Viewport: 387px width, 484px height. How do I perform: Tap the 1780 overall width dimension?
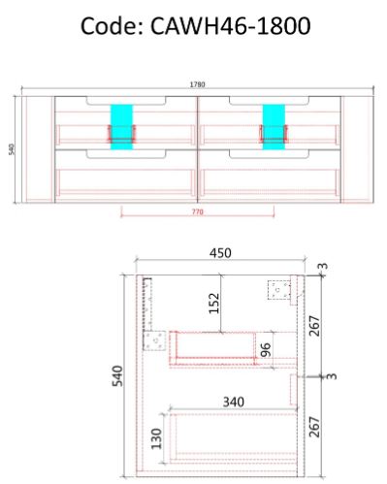(x=197, y=85)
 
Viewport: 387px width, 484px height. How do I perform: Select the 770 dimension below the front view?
(x=197, y=210)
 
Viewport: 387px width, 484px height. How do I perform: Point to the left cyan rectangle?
(x=121, y=124)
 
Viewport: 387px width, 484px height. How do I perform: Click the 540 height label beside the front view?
(x=11, y=149)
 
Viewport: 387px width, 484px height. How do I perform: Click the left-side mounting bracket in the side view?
(x=153, y=340)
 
